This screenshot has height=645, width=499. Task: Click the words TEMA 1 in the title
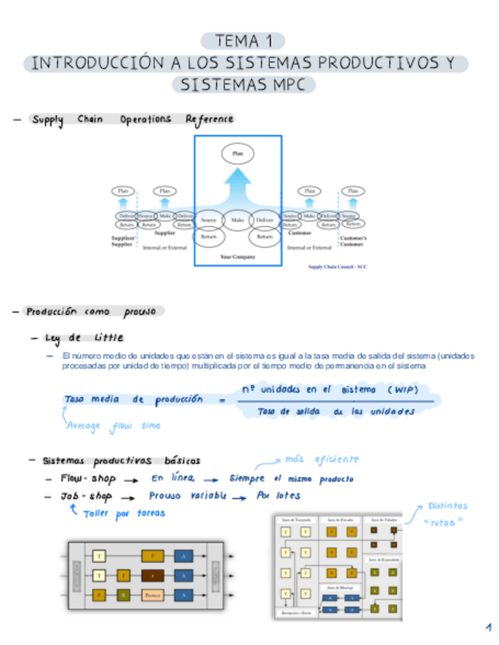(x=243, y=41)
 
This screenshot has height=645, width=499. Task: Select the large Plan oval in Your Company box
(x=237, y=154)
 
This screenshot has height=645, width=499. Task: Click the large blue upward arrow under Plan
(x=237, y=187)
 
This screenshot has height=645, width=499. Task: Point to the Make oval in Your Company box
(x=237, y=220)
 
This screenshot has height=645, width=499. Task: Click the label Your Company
(x=237, y=257)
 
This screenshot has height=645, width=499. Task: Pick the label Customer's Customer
(x=351, y=241)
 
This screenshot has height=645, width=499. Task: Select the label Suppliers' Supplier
(x=122, y=241)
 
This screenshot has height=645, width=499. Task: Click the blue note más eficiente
(x=321, y=459)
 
